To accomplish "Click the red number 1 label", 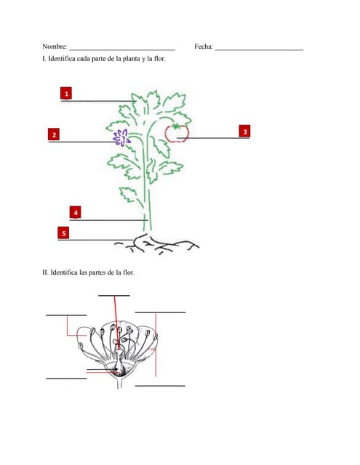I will (x=66, y=94).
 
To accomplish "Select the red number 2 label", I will (x=54, y=134).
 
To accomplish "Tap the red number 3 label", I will (x=245, y=132).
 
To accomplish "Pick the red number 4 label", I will (x=76, y=212).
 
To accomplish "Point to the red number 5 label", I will (x=64, y=233).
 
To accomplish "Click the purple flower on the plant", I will (x=120, y=137).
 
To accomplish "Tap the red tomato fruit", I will (x=177, y=133).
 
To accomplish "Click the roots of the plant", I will (x=160, y=245).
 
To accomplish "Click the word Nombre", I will (x=55, y=46).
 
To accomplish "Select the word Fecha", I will (x=204, y=46).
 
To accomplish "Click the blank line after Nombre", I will (x=121, y=49).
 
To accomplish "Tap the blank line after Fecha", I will (x=259, y=49).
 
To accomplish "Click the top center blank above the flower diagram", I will (x=113, y=295).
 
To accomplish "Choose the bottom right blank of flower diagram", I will (x=160, y=385).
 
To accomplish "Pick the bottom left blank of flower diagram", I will (x=66, y=378).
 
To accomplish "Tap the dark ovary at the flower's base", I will (x=119, y=370).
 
